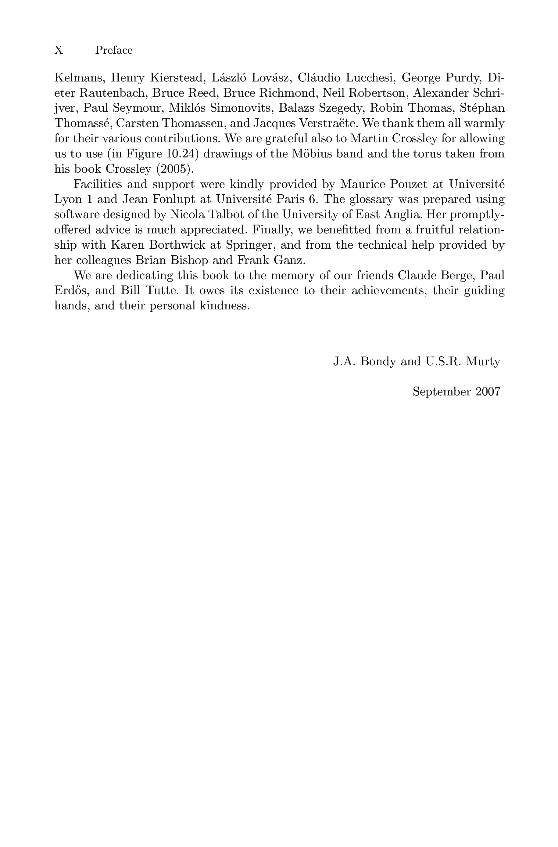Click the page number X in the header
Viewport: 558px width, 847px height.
tap(59, 50)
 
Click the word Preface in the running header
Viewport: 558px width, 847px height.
tap(114, 50)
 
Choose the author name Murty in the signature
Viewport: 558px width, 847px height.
tap(483, 362)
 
